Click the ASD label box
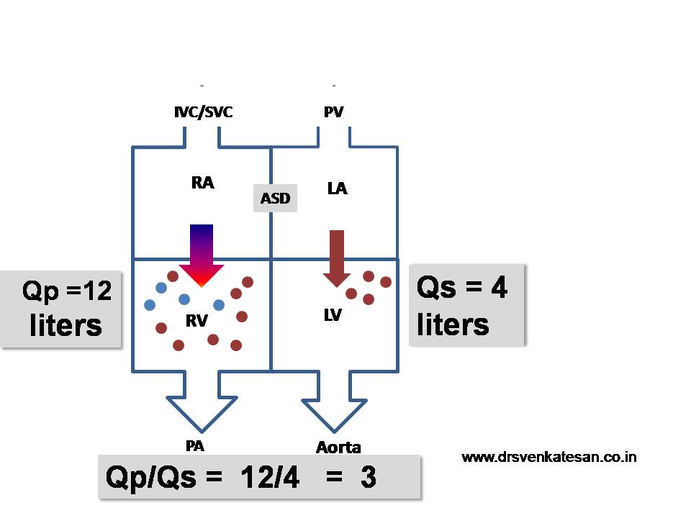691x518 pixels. (275, 198)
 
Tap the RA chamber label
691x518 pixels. (202, 183)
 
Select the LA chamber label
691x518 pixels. (337, 189)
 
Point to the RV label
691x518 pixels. (197, 322)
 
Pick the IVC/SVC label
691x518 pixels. (203, 112)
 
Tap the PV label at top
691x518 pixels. (333, 112)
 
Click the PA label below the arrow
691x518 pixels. (194, 446)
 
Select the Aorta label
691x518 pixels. (338, 447)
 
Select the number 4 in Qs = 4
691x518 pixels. (499, 288)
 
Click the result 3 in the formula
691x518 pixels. (369, 478)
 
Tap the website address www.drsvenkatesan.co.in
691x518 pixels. (548, 457)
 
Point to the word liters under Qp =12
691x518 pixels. (66, 325)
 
